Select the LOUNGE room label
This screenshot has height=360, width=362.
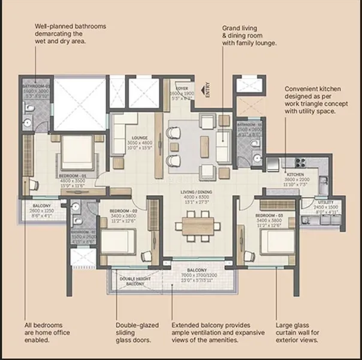pyautogui.click(x=140, y=137)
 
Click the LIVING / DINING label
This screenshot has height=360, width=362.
pyautogui.click(x=197, y=192)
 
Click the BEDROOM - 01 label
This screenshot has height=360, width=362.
pyautogui.click(x=73, y=176)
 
